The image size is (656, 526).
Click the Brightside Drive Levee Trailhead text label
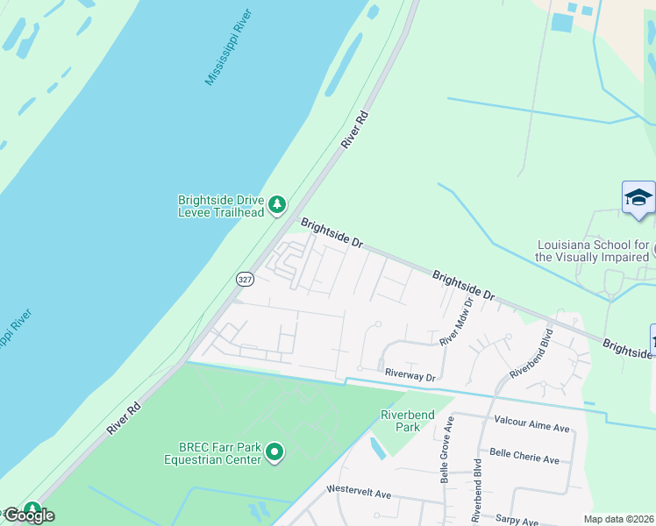(x=221, y=206)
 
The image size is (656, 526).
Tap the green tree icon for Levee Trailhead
(x=277, y=205)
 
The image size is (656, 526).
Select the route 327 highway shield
(x=245, y=279)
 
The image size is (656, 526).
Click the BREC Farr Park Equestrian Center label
(x=212, y=452)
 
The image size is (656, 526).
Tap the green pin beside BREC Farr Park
(x=275, y=453)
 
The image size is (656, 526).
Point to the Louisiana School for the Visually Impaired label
(x=593, y=251)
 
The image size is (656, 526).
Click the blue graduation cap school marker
(x=638, y=198)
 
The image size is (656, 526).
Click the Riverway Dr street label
(x=410, y=375)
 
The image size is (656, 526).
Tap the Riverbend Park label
(x=401, y=421)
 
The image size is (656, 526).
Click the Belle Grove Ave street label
(x=447, y=448)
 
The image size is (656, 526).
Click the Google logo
(x=28, y=515)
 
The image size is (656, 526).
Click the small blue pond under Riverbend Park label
(x=377, y=449)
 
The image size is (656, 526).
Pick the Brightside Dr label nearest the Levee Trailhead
(x=332, y=233)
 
